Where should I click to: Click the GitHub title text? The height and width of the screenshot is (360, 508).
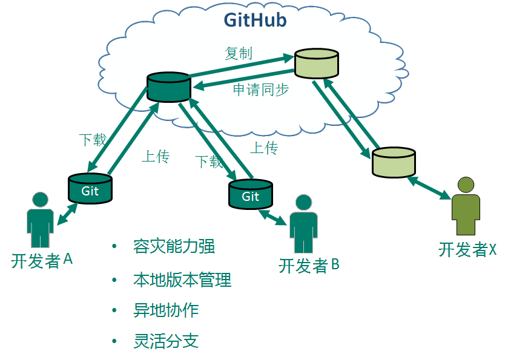tap(255, 20)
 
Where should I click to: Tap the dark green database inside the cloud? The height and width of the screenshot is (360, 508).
tap(168, 87)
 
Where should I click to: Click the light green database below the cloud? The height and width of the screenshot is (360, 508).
tap(394, 162)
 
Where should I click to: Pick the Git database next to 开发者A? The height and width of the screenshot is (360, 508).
tap(90, 188)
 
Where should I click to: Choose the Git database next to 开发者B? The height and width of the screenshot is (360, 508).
tap(251, 194)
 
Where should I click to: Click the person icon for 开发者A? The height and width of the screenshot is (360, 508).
tap(40, 220)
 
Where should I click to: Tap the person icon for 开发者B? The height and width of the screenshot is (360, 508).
tap(303, 224)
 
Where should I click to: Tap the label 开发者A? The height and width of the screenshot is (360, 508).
tap(42, 261)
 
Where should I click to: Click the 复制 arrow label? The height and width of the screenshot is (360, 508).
tap(238, 53)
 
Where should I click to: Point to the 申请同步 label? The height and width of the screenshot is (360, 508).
tap(261, 90)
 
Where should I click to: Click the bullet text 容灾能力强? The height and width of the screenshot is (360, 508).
tap(174, 247)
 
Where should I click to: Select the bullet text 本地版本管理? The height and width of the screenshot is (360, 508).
tap(182, 280)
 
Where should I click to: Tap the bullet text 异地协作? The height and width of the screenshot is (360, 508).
tap(166, 311)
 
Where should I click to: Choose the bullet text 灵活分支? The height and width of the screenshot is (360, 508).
tap(166, 341)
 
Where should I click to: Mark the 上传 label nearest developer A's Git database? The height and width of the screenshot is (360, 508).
tap(156, 157)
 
